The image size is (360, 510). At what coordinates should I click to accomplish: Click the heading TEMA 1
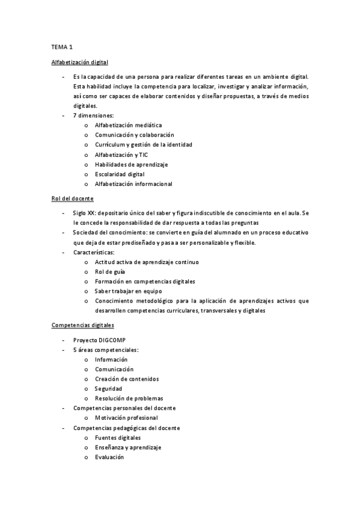(62, 46)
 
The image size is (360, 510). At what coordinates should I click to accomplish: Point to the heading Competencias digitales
(82, 325)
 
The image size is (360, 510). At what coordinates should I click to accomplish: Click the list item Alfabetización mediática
(128, 125)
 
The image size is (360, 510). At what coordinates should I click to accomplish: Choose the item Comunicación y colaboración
(134, 135)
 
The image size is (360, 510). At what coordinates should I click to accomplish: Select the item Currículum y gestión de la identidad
(143, 145)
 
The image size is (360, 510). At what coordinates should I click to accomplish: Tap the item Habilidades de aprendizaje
(131, 164)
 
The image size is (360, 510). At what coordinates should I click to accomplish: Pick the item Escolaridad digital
(120, 174)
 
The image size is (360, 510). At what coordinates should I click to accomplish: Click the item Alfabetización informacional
(133, 183)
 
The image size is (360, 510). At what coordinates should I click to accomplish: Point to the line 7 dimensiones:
(92, 115)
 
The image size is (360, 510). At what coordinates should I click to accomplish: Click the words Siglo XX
(84, 213)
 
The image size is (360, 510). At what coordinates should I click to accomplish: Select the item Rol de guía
(110, 272)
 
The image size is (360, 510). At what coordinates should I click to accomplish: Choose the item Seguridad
(108, 389)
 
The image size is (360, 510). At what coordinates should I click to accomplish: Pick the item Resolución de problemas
(129, 398)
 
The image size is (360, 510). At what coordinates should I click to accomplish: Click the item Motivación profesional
(126, 417)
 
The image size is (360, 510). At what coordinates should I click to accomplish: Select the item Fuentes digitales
(118, 437)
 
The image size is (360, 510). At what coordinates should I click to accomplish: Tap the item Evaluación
(109, 457)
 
